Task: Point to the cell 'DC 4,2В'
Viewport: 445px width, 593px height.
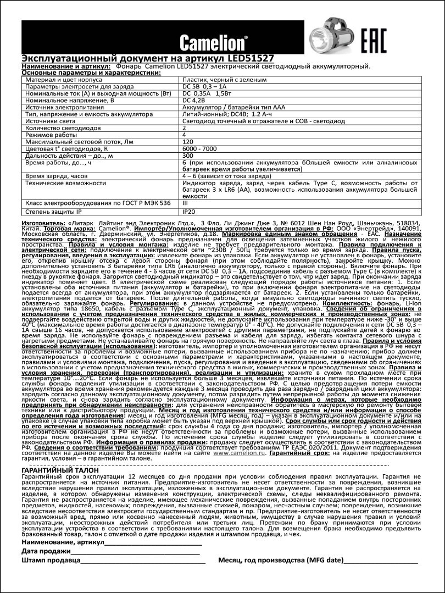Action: tap(193, 101)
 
